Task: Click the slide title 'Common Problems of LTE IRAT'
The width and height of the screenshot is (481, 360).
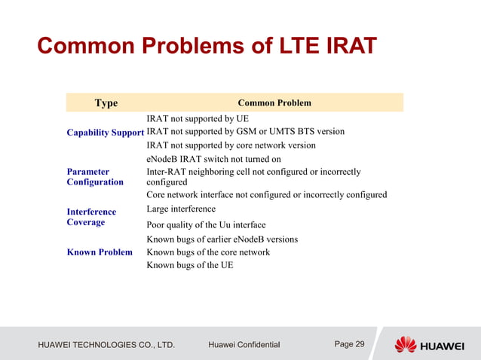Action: point(207,47)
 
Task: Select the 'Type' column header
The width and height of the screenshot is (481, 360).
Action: point(106,103)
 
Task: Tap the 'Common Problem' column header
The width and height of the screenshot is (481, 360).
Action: point(274,103)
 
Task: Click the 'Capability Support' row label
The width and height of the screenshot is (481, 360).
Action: point(105,132)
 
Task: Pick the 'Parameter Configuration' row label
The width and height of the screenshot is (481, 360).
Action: point(95,177)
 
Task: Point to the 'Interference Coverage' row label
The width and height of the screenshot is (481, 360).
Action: point(91,217)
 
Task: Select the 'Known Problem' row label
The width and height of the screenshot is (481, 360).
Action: point(100,252)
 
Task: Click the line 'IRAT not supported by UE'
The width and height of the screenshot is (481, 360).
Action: point(197,119)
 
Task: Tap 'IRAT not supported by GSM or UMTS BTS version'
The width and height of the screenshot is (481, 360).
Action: point(245,132)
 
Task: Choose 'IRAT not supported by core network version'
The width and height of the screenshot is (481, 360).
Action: point(231,145)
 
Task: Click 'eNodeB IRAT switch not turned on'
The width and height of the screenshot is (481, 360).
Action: point(213,159)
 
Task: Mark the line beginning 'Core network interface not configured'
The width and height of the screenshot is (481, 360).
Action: point(266,195)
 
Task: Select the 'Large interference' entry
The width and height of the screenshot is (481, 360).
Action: point(181,209)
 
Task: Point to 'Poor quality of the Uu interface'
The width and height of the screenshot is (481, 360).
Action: point(206,225)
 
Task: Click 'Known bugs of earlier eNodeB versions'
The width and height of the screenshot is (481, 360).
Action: point(222,239)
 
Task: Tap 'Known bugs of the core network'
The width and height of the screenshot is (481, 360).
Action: point(208,252)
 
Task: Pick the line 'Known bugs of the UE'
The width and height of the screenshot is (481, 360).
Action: point(189,265)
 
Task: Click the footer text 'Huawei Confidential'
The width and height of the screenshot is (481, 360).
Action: point(244,345)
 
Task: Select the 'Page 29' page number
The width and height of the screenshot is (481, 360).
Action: point(349,344)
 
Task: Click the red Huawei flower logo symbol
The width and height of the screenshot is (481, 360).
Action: point(405,345)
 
